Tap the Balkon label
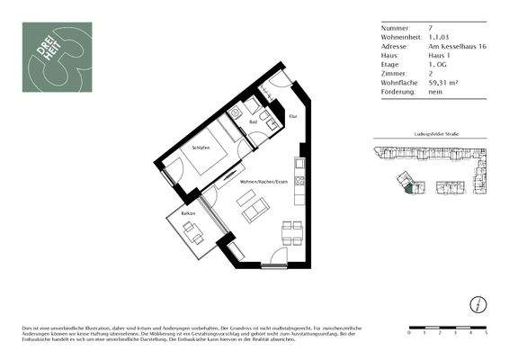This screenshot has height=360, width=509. tap(189, 213)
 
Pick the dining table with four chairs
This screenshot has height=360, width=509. tap(291, 236)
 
